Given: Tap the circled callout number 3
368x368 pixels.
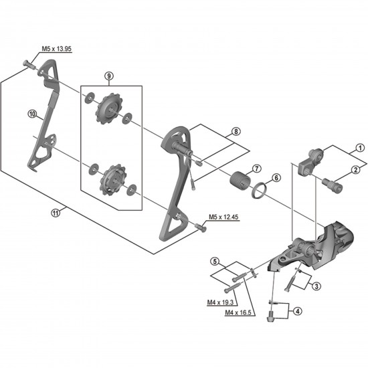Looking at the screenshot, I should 316,286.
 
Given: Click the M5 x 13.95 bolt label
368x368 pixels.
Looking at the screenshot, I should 56,48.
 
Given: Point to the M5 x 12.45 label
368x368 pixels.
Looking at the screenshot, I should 223,217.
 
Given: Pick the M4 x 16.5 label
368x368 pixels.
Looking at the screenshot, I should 240,312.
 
